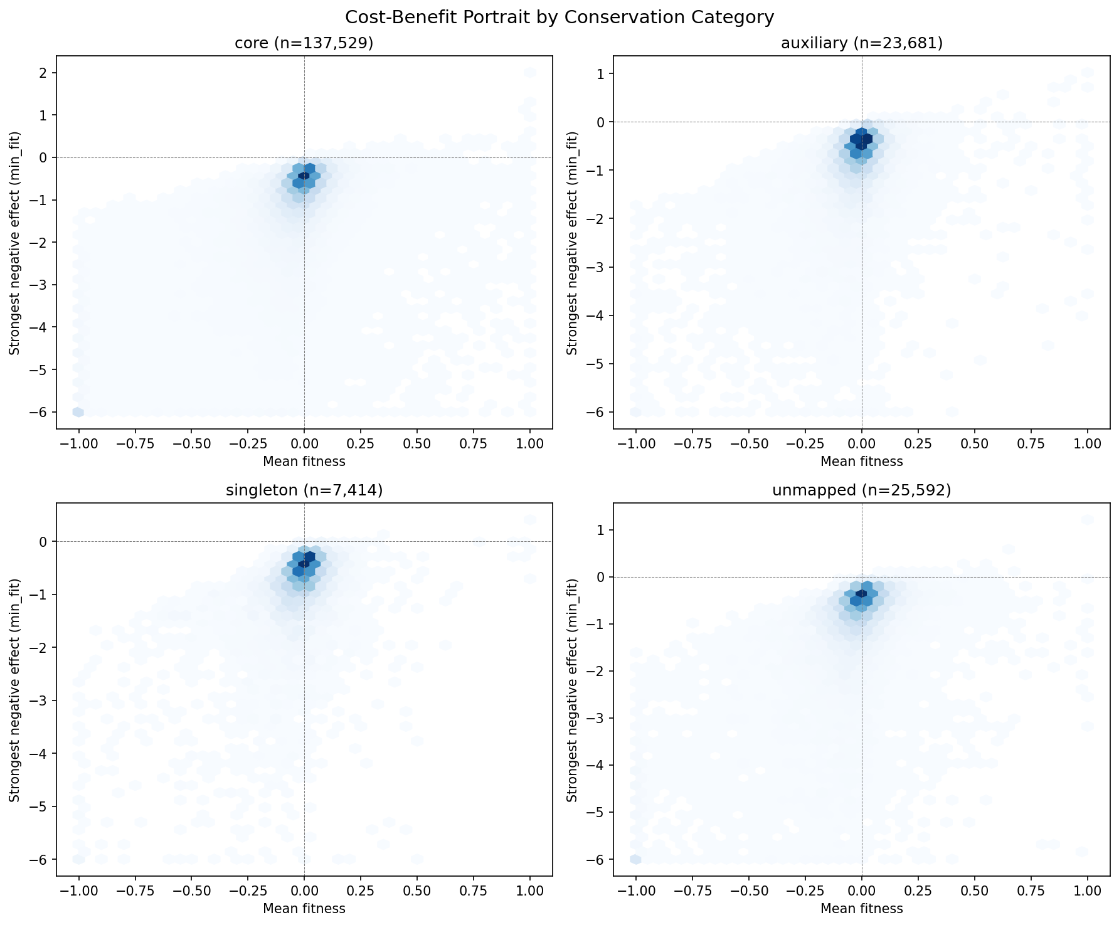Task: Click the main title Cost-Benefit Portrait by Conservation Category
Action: tap(559, 17)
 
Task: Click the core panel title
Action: tap(304, 43)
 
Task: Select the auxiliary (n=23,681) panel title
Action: tap(862, 43)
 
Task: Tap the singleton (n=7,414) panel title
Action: tap(304, 490)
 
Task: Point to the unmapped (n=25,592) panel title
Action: tap(862, 490)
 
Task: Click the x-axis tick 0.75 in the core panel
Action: tap(474, 443)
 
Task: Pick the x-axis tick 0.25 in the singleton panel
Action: tap(361, 891)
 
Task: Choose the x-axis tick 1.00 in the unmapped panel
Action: tap(1087, 891)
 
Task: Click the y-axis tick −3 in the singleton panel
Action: tap(43, 700)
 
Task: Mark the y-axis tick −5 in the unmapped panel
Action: tap(600, 812)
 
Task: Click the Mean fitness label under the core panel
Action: tap(304, 462)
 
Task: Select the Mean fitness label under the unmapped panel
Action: tap(862, 909)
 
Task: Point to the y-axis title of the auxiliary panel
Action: tap(572, 243)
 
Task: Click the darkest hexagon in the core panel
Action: tap(304, 176)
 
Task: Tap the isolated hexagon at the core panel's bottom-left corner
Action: tap(78, 412)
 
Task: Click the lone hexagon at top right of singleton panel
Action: tap(530, 520)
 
